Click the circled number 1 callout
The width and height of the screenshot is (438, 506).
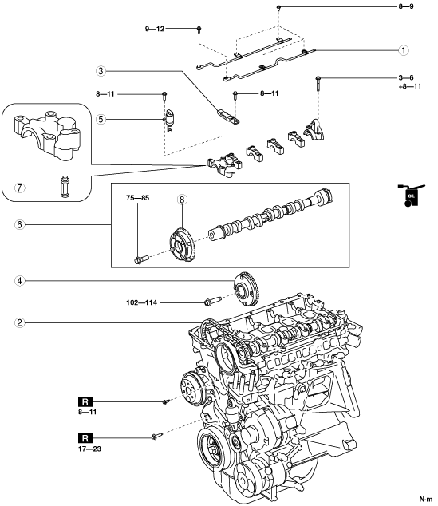pyautogui.click(x=404, y=50)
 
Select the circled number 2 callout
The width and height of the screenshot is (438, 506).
pyautogui.click(x=20, y=322)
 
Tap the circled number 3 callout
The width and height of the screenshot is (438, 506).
pyautogui.click(x=101, y=71)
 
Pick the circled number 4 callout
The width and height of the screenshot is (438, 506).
pyautogui.click(x=20, y=281)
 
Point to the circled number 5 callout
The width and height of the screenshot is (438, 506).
pyautogui.click(x=101, y=120)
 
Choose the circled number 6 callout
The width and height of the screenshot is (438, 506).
pyautogui.click(x=20, y=224)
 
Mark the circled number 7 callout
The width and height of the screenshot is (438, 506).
pyautogui.click(x=20, y=188)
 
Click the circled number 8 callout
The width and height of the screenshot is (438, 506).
pyautogui.click(x=182, y=200)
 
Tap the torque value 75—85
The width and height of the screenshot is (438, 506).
pyautogui.click(x=138, y=198)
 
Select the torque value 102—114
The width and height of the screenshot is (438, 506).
pyautogui.click(x=141, y=302)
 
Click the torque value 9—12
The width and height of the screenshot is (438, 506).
pyautogui.click(x=155, y=29)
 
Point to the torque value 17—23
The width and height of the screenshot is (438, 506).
pyautogui.click(x=89, y=449)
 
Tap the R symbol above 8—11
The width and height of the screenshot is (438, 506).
pyautogui.click(x=85, y=402)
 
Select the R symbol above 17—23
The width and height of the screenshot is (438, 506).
pyautogui.click(x=85, y=438)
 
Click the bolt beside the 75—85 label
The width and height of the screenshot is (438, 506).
pyautogui.click(x=140, y=259)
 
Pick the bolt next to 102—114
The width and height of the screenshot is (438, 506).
pyautogui.click(x=212, y=301)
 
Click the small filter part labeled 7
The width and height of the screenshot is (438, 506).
pyautogui.click(x=65, y=187)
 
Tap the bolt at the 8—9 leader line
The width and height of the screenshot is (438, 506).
pyautogui.click(x=279, y=7)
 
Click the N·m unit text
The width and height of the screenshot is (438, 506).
pyautogui.click(x=425, y=499)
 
